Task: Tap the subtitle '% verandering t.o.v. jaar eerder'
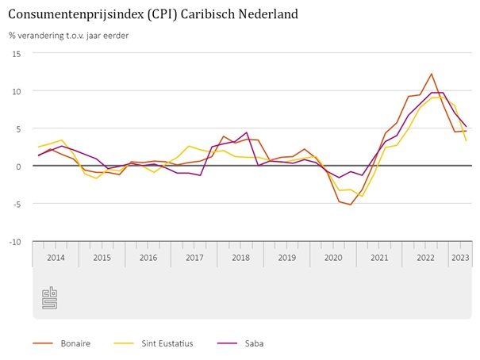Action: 69,35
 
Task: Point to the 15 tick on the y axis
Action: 16,53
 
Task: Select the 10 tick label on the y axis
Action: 16,90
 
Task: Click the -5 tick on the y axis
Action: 16,204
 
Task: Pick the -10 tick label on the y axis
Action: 14,241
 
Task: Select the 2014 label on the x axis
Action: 56,258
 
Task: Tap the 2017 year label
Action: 194,258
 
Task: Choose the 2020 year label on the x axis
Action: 333,258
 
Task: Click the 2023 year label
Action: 459,258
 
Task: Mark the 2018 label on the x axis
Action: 240,258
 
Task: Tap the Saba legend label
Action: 253,343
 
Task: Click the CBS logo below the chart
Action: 50,297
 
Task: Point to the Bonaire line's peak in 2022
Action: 431,74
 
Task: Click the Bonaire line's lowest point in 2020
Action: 351,205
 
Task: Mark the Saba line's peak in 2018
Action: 247,132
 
